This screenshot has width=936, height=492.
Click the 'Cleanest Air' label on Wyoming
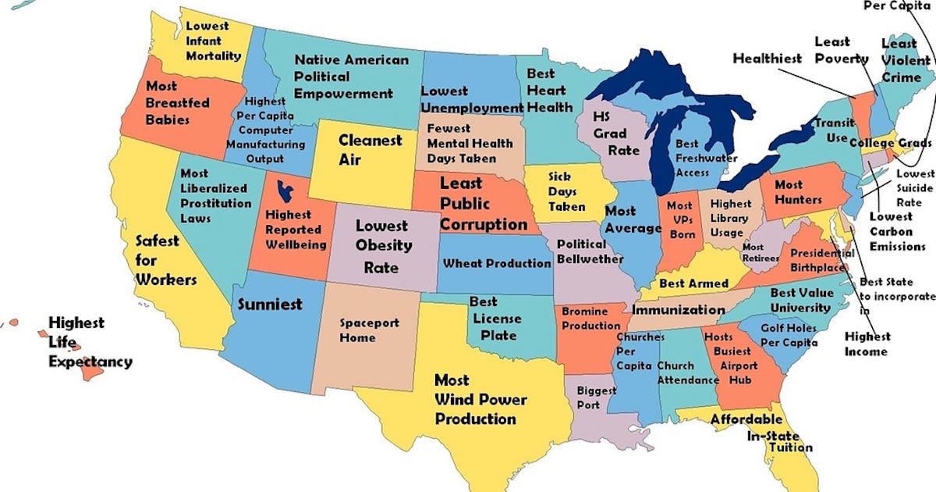[x=370, y=150]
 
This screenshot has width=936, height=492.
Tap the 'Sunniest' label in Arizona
[x=269, y=304]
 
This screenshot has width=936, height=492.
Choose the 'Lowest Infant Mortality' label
[x=213, y=41]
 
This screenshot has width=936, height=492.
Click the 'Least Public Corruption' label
[x=484, y=204]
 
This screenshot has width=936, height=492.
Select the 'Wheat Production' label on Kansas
[x=497, y=263]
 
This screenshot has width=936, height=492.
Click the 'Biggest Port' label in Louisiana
[x=595, y=398]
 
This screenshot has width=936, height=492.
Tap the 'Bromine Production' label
[x=591, y=319]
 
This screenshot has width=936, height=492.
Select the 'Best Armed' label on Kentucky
[x=693, y=283]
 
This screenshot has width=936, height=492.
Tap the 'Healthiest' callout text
[x=767, y=59]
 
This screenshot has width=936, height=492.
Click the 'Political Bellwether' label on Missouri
[x=590, y=251]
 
